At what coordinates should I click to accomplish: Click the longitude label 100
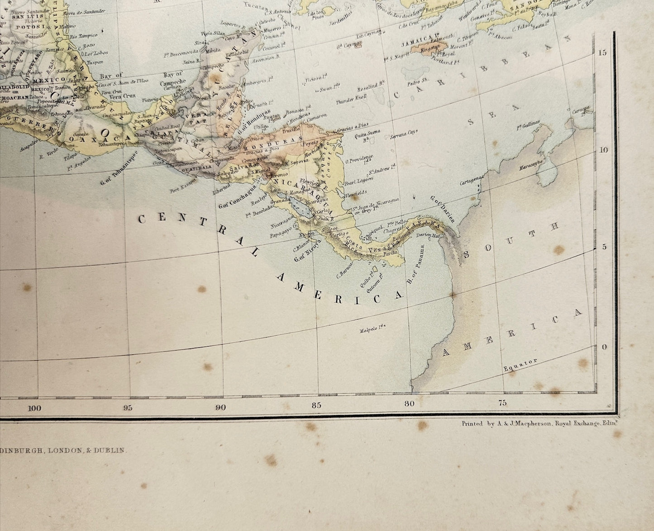tap(34, 408)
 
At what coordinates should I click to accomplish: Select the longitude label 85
tap(316, 405)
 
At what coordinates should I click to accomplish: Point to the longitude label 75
tap(502, 403)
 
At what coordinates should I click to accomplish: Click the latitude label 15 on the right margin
tap(602, 53)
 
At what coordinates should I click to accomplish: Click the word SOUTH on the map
tap(515, 238)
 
